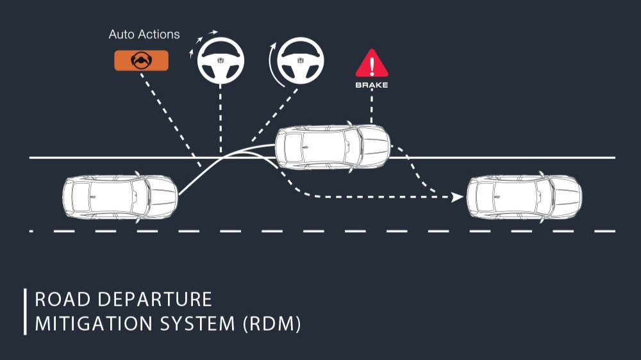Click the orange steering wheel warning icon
click(141, 60)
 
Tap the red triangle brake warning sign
click(372, 63)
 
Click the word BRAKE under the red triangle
click(372, 85)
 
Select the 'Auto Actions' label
click(144, 35)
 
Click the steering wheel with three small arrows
click(221, 60)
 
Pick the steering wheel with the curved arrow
click(301, 60)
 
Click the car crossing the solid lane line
click(332, 147)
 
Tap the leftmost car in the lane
click(120, 197)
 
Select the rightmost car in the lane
click(524, 197)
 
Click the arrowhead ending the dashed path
click(457, 197)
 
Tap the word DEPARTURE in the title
click(155, 300)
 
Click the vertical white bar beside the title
click(26, 312)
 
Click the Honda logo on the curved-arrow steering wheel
click(301, 60)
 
